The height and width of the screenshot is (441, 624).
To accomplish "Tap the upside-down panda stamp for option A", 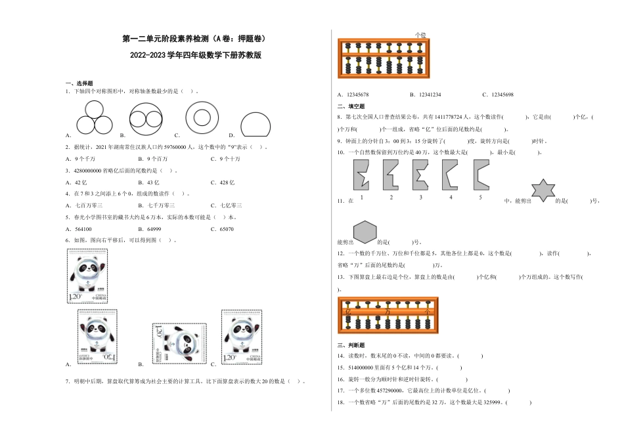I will click(x=97, y=335).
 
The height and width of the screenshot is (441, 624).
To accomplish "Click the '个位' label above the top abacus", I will click(x=420, y=35).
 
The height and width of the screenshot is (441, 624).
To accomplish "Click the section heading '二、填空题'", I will click(x=351, y=106).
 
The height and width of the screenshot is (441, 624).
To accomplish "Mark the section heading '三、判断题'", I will click(x=351, y=345).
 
